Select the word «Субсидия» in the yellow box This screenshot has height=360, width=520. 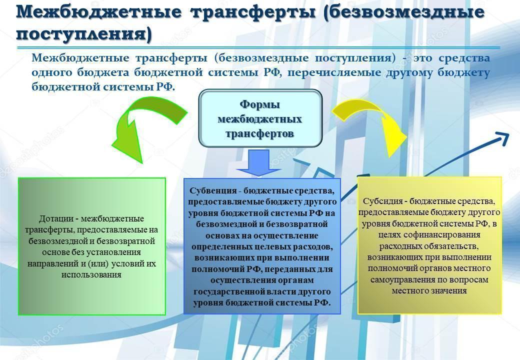(382, 201)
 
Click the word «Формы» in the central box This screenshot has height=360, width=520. (259, 104)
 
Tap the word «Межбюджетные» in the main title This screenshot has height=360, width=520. (99, 12)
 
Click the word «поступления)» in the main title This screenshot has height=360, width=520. (83, 34)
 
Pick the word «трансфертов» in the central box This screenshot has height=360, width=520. (259, 133)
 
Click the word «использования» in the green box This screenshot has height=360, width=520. (91, 275)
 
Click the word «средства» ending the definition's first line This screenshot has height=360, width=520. (464, 58)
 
